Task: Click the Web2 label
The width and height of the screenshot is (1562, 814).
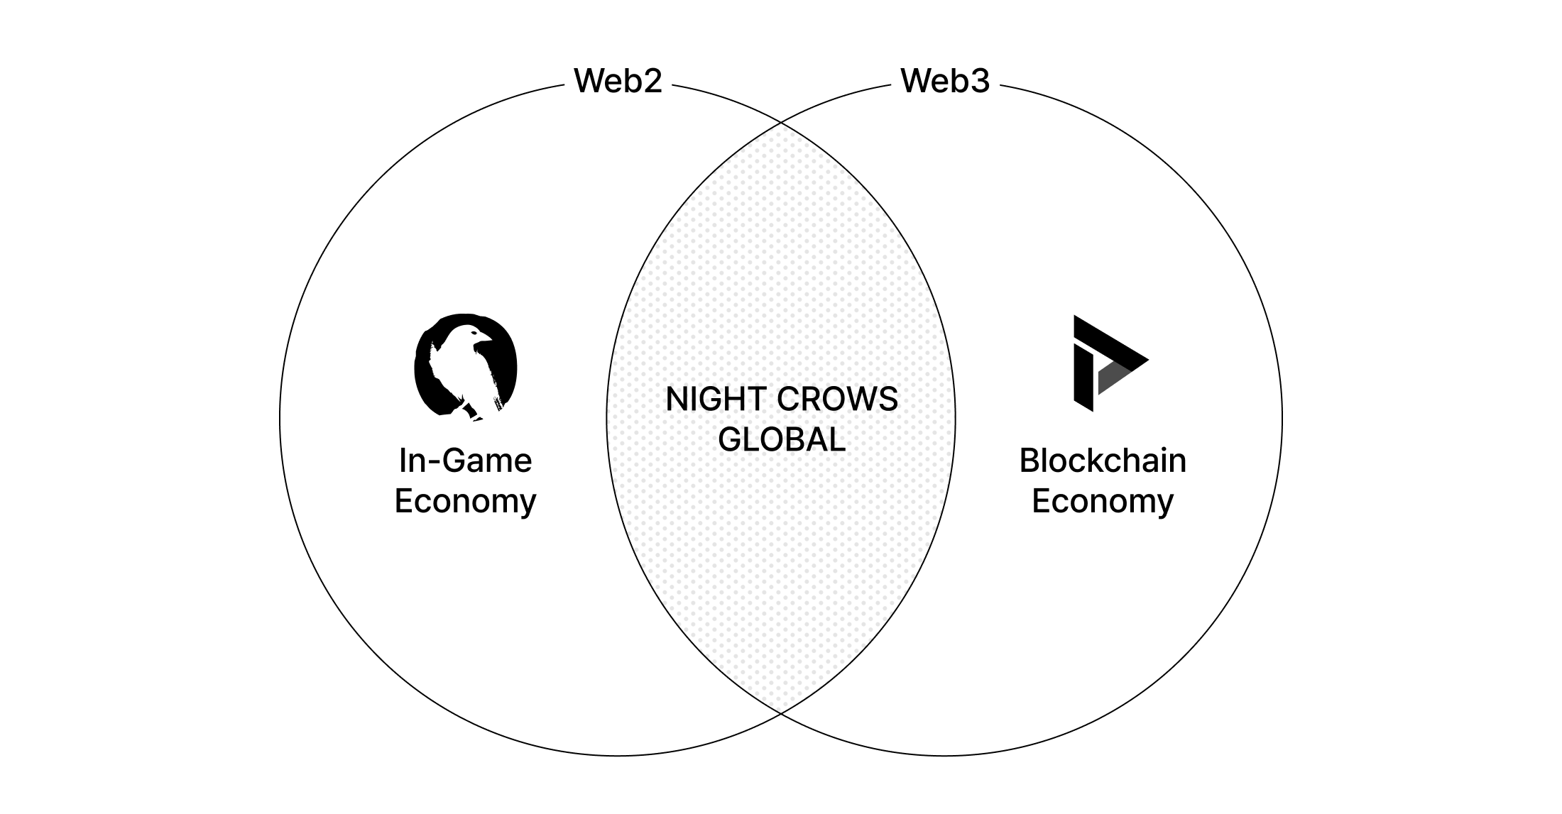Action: [x=618, y=81]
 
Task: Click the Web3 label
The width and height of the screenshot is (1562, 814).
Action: [x=944, y=81]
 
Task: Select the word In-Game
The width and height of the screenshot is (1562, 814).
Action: [x=465, y=461]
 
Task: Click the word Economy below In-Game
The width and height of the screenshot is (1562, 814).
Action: [x=465, y=501]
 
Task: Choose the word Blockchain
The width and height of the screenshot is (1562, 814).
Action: [x=1102, y=461]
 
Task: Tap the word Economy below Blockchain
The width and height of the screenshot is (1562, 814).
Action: [x=1102, y=501]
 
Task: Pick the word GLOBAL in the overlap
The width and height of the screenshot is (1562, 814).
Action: [x=781, y=440]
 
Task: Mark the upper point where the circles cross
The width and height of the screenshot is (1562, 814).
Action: [x=781, y=123]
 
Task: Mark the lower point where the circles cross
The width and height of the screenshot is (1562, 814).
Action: [x=781, y=713]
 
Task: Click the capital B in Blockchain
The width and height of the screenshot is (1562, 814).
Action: [x=1029, y=461]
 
